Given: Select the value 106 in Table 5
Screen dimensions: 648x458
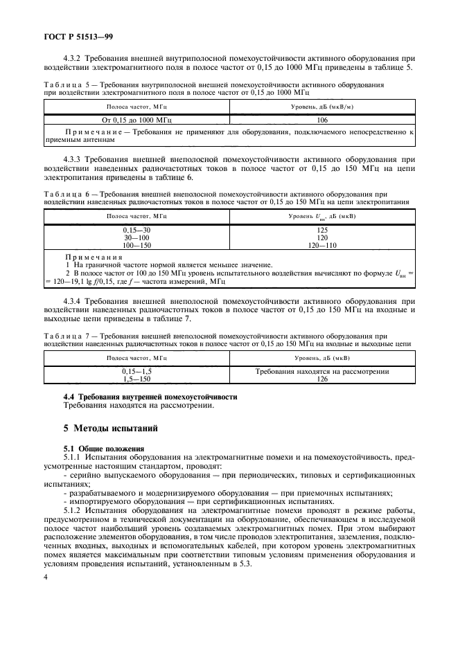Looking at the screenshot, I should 322,119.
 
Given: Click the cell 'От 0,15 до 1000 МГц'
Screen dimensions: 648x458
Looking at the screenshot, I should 136,119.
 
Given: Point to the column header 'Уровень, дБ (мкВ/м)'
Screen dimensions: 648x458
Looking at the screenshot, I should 322,107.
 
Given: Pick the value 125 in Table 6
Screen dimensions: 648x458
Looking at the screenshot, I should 322,229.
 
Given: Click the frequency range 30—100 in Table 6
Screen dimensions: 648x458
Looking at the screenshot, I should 136,237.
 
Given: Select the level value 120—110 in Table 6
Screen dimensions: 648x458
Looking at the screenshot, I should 322,244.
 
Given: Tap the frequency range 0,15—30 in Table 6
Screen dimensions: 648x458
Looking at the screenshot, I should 136,229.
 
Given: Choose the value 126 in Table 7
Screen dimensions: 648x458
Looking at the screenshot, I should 322,379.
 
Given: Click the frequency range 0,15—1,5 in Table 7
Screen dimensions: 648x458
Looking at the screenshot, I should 136,372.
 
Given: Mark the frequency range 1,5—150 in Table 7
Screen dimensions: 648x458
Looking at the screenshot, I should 136,379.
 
